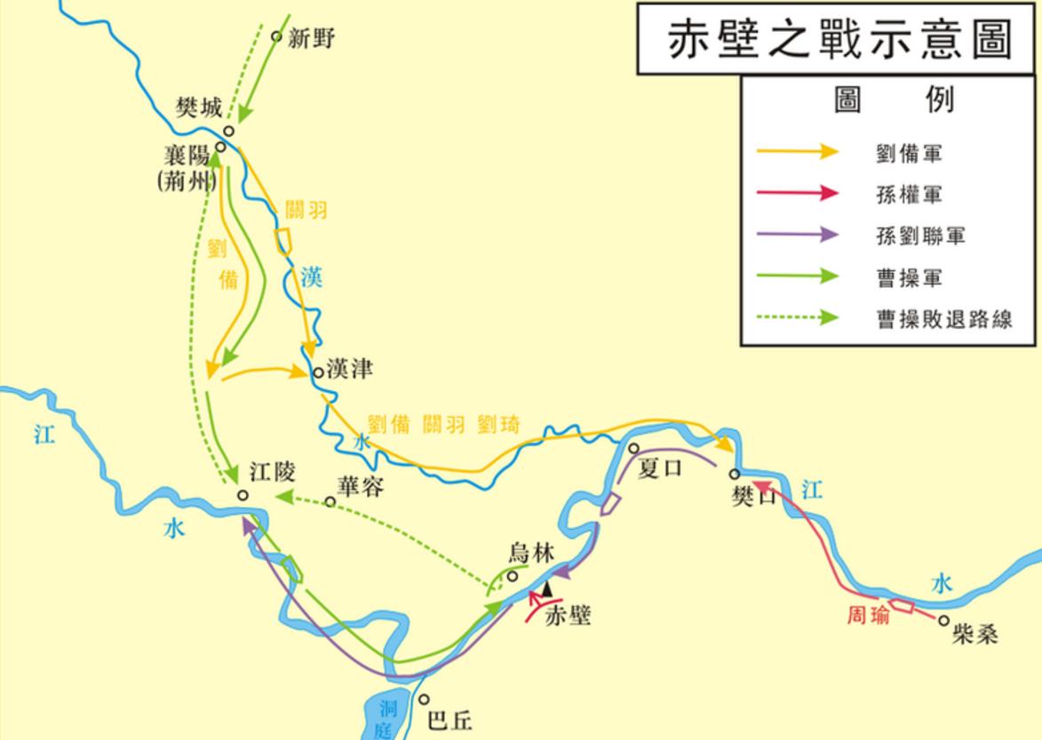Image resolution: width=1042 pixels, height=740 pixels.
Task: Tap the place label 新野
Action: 312,39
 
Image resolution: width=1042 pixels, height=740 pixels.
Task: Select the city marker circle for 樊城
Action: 228,131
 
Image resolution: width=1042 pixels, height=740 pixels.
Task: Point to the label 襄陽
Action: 186,156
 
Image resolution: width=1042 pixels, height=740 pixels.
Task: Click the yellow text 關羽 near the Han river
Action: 306,210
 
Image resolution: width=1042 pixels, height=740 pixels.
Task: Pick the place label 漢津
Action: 349,370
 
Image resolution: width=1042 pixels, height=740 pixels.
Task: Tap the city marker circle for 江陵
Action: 243,496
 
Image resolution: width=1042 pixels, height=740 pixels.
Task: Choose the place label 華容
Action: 360,486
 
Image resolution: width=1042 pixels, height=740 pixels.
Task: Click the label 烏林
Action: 531,553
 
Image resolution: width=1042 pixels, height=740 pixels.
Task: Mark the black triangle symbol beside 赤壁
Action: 547,587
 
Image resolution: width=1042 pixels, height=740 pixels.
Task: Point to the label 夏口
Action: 661,467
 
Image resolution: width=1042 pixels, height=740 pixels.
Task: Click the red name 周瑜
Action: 868,616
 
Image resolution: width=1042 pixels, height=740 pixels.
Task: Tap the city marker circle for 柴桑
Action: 943,621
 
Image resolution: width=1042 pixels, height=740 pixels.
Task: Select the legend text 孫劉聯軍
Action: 920,236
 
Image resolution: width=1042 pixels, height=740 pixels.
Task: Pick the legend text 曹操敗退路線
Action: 944,320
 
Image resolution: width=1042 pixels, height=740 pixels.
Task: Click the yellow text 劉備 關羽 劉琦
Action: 443,425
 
